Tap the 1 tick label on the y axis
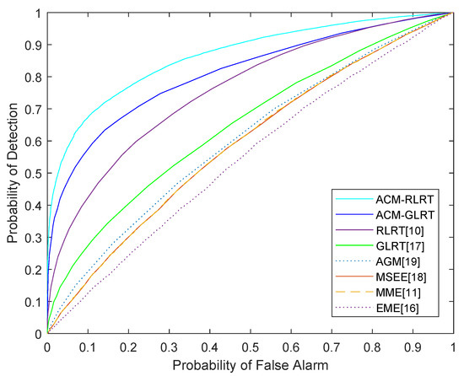pos(37,13)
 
